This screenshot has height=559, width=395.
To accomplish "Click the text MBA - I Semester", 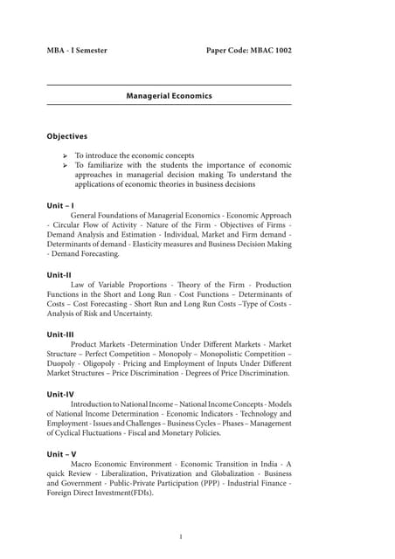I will click(77, 51).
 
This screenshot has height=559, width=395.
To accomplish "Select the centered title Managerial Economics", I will click(169, 95).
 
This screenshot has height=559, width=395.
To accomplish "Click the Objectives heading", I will click(66, 136).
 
